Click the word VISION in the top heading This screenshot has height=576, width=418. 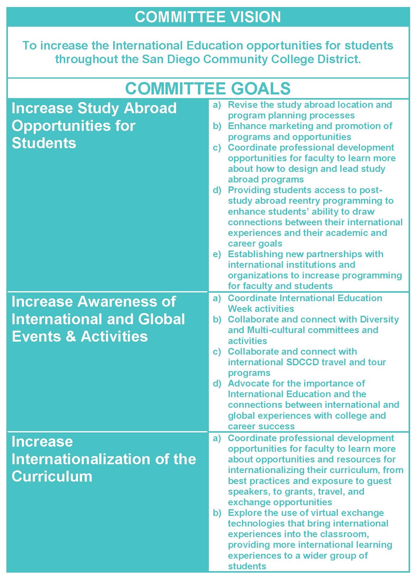(x=255, y=17)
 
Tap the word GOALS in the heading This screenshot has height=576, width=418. (x=261, y=88)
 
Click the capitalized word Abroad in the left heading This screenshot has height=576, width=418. (x=150, y=108)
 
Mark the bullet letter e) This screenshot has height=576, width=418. (x=217, y=254)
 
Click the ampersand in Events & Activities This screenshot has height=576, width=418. (x=71, y=336)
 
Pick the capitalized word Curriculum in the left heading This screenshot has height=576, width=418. (x=52, y=476)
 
